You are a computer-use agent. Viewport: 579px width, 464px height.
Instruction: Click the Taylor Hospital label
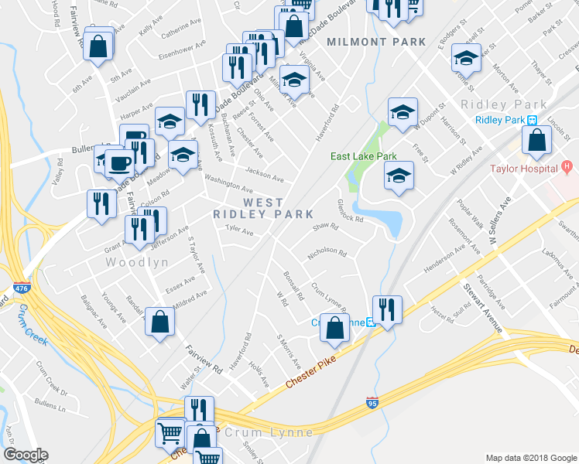[522, 168]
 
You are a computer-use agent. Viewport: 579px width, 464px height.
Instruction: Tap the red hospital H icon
[567, 166]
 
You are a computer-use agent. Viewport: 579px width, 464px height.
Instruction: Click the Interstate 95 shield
[372, 403]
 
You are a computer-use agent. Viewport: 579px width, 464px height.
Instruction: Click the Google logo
[26, 455]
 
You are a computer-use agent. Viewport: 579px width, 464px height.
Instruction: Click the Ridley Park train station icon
[533, 120]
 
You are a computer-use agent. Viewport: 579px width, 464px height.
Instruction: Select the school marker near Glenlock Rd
[399, 177]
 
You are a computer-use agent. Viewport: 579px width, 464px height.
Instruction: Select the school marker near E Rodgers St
[466, 59]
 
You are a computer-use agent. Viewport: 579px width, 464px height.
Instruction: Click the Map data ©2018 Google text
[530, 458]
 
